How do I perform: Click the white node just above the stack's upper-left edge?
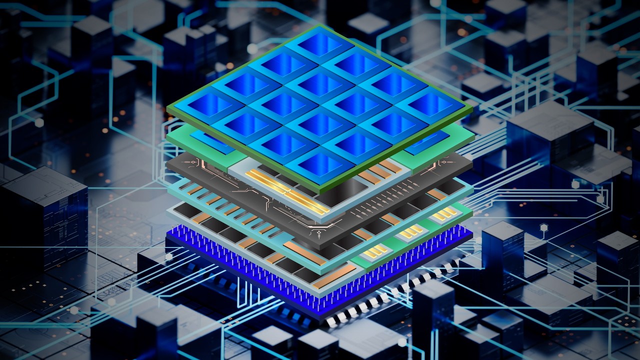tap(252, 49)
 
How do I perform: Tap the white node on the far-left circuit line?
tap(39, 123)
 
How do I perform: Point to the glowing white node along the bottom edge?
tap(402, 342)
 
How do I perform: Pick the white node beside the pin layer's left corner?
tap(169, 256)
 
